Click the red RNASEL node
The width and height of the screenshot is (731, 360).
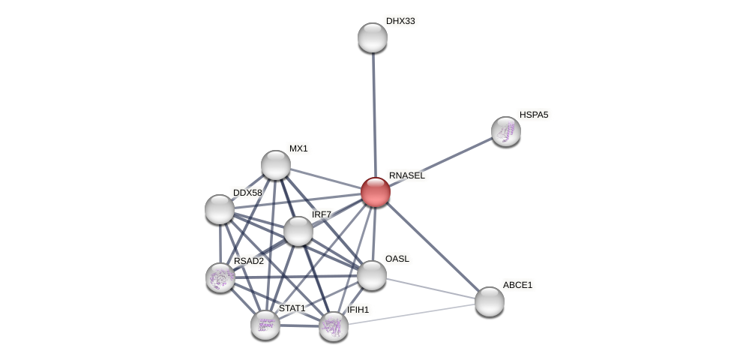(376, 192)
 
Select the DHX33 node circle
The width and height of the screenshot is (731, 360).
(373, 37)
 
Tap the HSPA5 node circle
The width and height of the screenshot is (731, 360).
(506, 131)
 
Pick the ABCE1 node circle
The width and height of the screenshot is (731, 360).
(490, 301)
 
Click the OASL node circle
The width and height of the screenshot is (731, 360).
(372, 275)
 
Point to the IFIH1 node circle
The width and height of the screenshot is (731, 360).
(334, 326)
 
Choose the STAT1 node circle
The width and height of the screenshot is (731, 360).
(265, 324)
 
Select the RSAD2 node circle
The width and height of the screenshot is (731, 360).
(220, 277)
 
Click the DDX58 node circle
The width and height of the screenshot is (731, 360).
(220, 209)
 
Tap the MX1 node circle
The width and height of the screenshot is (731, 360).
(276, 165)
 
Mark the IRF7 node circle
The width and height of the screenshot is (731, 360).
(298, 231)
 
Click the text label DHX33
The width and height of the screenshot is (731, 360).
(400, 21)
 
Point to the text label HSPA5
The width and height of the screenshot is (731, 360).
(534, 115)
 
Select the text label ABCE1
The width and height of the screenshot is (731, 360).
(517, 285)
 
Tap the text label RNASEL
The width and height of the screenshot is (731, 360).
(406, 175)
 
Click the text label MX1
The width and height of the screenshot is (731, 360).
(298, 148)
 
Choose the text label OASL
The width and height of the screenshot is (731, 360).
(397, 259)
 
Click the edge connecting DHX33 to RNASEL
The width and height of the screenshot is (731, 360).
(374, 112)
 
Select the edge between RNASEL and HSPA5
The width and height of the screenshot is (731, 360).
(442, 160)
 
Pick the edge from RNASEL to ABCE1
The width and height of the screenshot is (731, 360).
(433, 247)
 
